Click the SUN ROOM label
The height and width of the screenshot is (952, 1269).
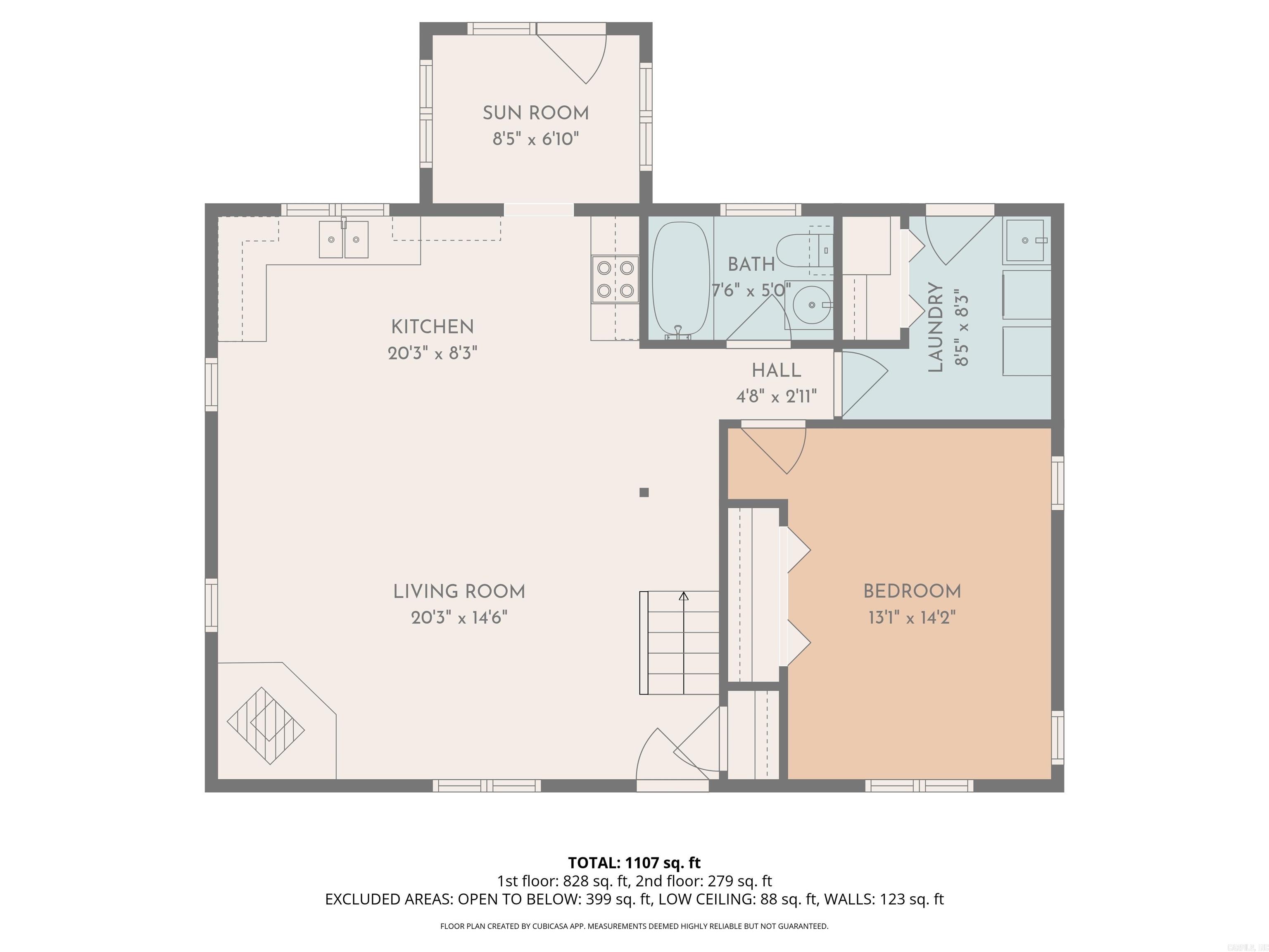535,113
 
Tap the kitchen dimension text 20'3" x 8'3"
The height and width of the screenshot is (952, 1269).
433,353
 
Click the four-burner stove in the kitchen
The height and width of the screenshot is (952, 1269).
615,279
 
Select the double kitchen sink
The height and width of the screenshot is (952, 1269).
344,239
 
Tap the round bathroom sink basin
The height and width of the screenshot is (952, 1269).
811,305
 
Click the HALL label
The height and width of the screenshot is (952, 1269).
776,371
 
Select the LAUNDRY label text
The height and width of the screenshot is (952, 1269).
936,327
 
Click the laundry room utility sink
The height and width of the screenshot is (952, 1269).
1024,240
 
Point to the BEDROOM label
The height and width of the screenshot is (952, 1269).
912,591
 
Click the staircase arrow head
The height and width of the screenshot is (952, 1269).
683,596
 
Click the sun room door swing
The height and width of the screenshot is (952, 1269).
580,57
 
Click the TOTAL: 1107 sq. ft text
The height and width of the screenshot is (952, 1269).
634,862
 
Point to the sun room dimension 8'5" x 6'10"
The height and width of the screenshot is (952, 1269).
535,139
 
